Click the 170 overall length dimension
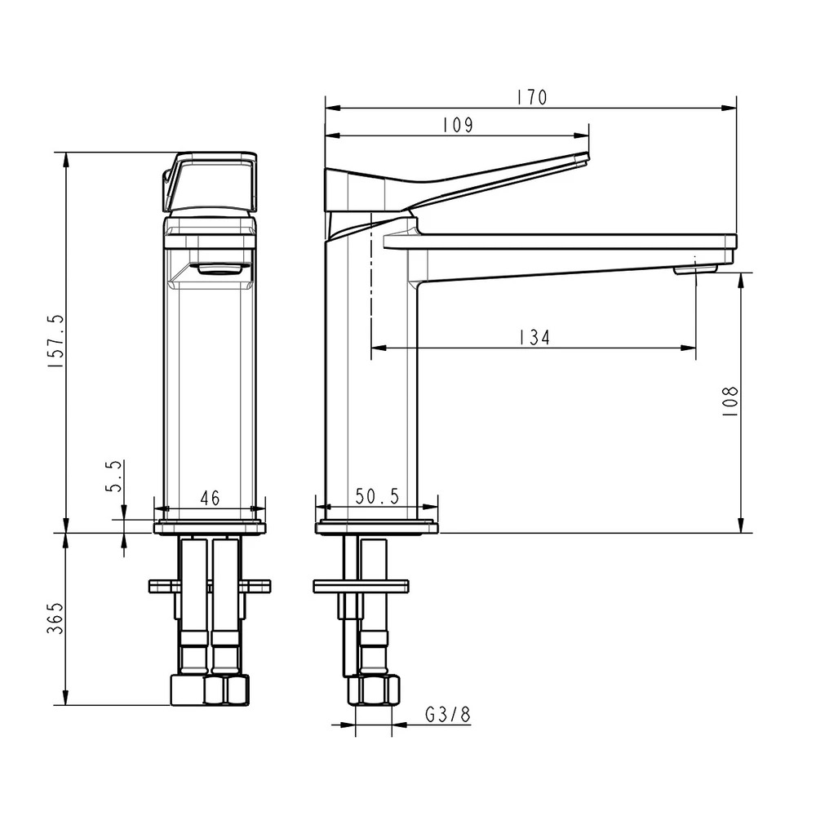pyautogui.click(x=532, y=98)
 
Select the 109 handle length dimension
pyautogui.click(x=458, y=126)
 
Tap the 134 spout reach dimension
pyautogui.click(x=534, y=338)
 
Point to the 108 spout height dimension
pyautogui.click(x=730, y=401)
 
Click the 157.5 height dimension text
pyautogui.click(x=55, y=342)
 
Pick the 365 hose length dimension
pyautogui.click(x=55, y=619)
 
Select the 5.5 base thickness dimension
pyautogui.click(x=114, y=476)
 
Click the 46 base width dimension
pyautogui.click(x=210, y=498)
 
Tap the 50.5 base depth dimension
pyautogui.click(x=377, y=496)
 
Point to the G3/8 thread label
pyautogui.click(x=447, y=715)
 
